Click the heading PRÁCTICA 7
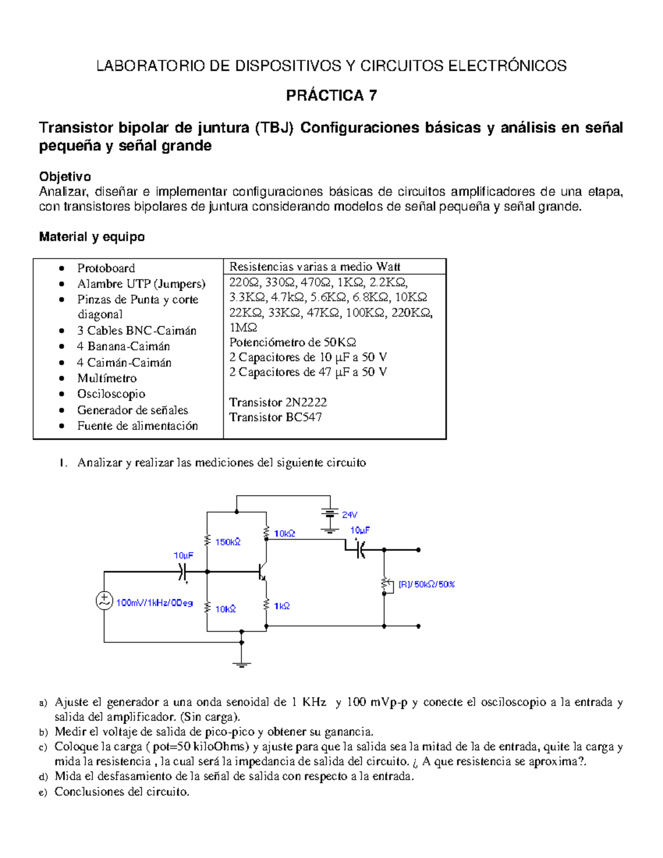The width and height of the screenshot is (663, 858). pyautogui.click(x=331, y=96)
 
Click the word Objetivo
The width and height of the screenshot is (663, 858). pyautogui.click(x=65, y=177)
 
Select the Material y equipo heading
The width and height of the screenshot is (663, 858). pyautogui.click(x=92, y=237)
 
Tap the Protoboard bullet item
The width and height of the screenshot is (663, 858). pyautogui.click(x=106, y=269)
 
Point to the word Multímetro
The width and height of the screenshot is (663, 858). pyautogui.click(x=107, y=378)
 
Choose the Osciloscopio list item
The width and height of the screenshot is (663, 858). pyautogui.click(x=111, y=394)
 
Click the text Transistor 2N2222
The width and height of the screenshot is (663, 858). pyautogui.click(x=277, y=402)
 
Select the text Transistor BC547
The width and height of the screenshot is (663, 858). pyautogui.click(x=275, y=417)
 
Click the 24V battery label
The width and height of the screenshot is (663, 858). pyautogui.click(x=349, y=515)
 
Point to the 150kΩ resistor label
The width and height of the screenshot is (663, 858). pyautogui.click(x=228, y=542)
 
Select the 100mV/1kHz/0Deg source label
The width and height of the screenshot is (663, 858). pyautogui.click(x=154, y=603)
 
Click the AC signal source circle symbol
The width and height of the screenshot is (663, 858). pyautogui.click(x=104, y=601)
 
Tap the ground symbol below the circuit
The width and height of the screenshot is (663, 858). pyautogui.click(x=241, y=665)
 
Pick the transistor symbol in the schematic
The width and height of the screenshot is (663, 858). pyautogui.click(x=262, y=572)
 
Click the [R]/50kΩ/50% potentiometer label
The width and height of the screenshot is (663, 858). pyautogui.click(x=426, y=585)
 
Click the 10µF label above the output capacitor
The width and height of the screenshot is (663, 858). pyautogui.click(x=360, y=530)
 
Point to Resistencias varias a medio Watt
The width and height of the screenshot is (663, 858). pyautogui.click(x=314, y=267)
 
